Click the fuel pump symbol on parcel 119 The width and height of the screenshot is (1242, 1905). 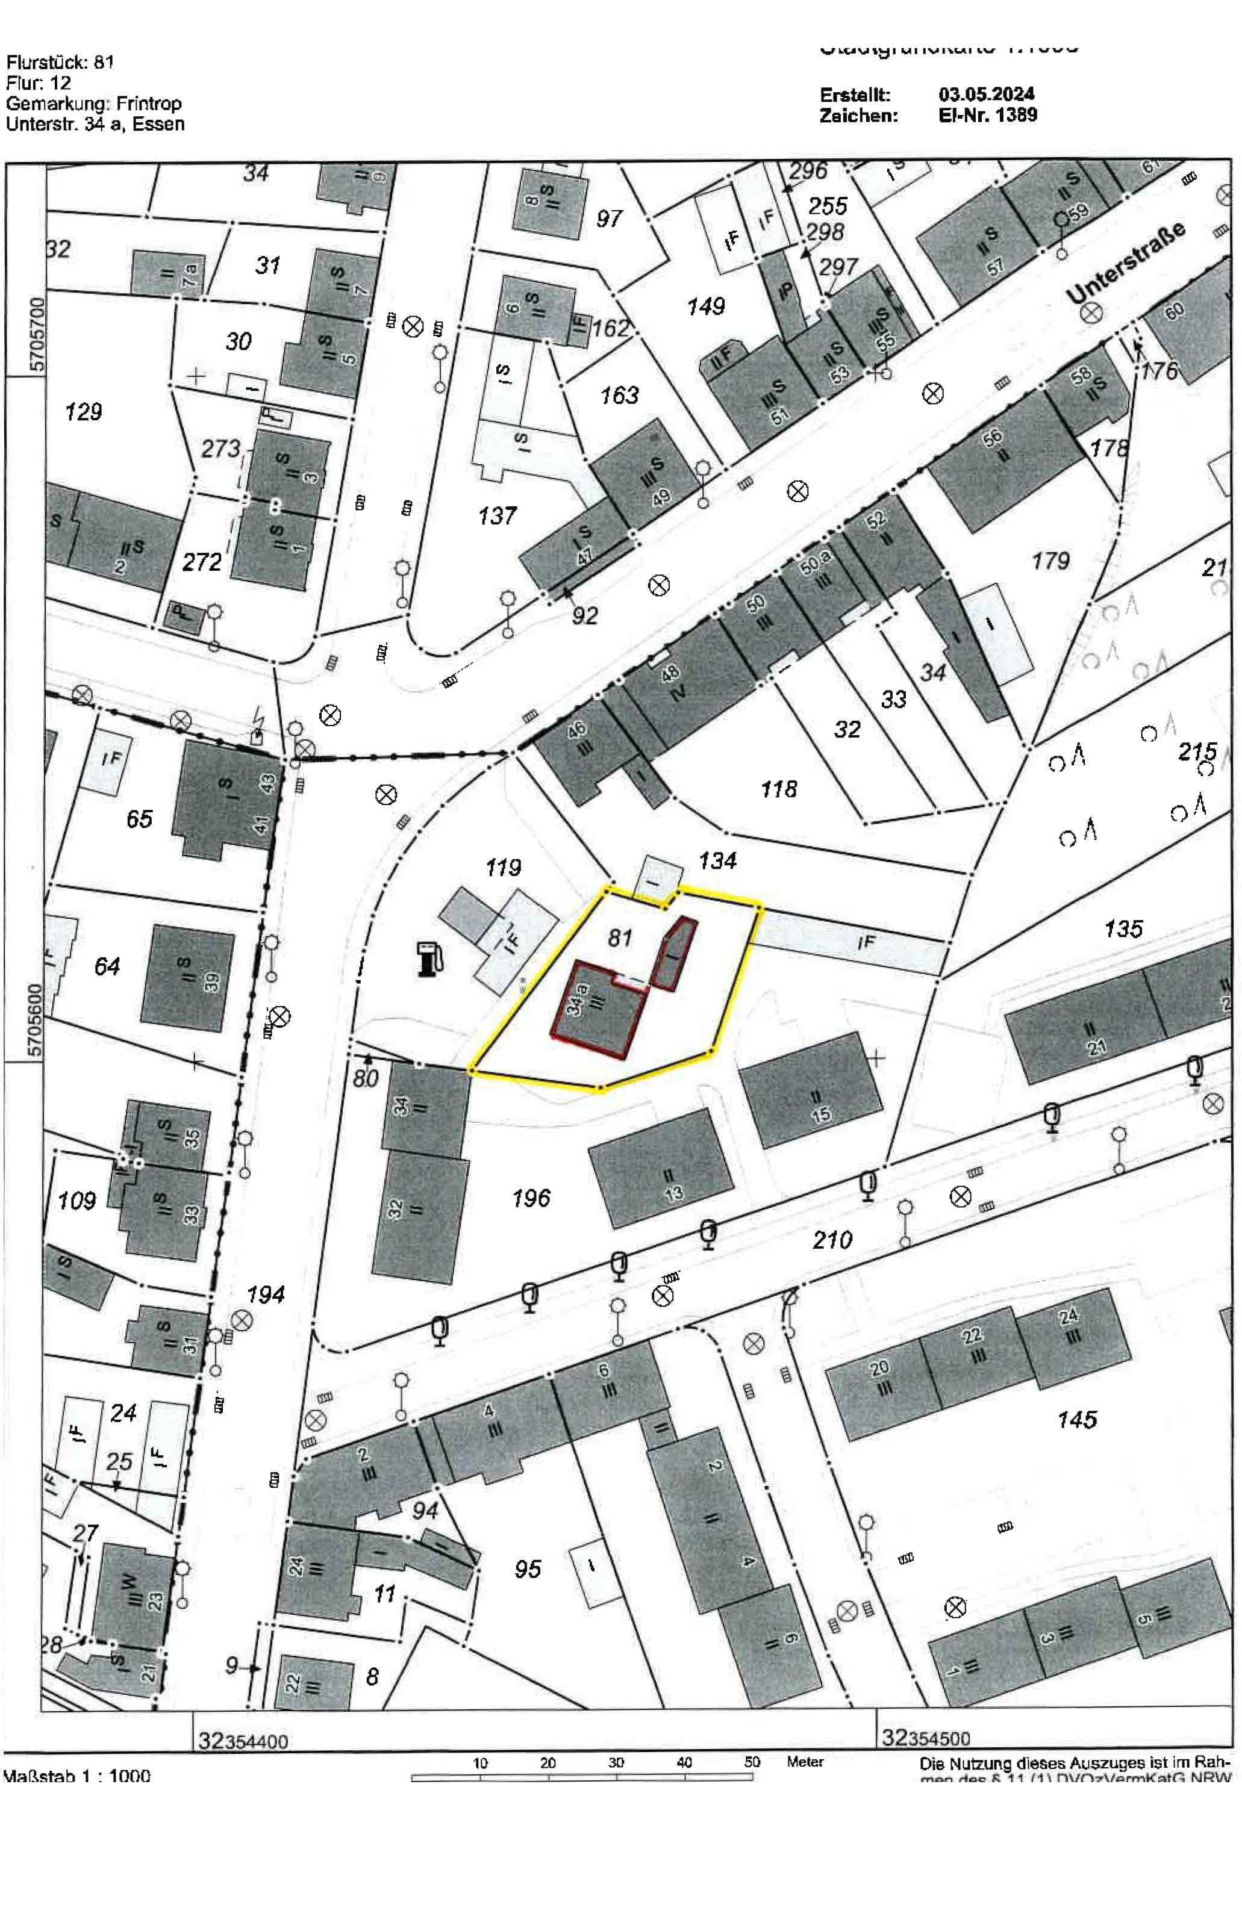point(429,958)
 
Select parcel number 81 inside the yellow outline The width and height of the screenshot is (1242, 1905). point(620,937)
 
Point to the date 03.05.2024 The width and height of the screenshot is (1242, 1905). point(987,95)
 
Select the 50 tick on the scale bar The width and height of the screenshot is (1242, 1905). point(752,1762)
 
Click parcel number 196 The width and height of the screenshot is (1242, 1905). point(531,1198)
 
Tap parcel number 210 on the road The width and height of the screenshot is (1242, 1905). point(832,1240)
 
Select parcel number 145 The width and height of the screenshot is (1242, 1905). point(1076,1420)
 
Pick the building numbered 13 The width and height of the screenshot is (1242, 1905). point(661,1169)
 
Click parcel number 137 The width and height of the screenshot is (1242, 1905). point(498,515)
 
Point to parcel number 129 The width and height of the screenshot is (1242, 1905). point(83,412)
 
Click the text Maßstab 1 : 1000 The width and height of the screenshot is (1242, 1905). point(77,1777)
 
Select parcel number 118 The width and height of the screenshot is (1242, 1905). point(778,789)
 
